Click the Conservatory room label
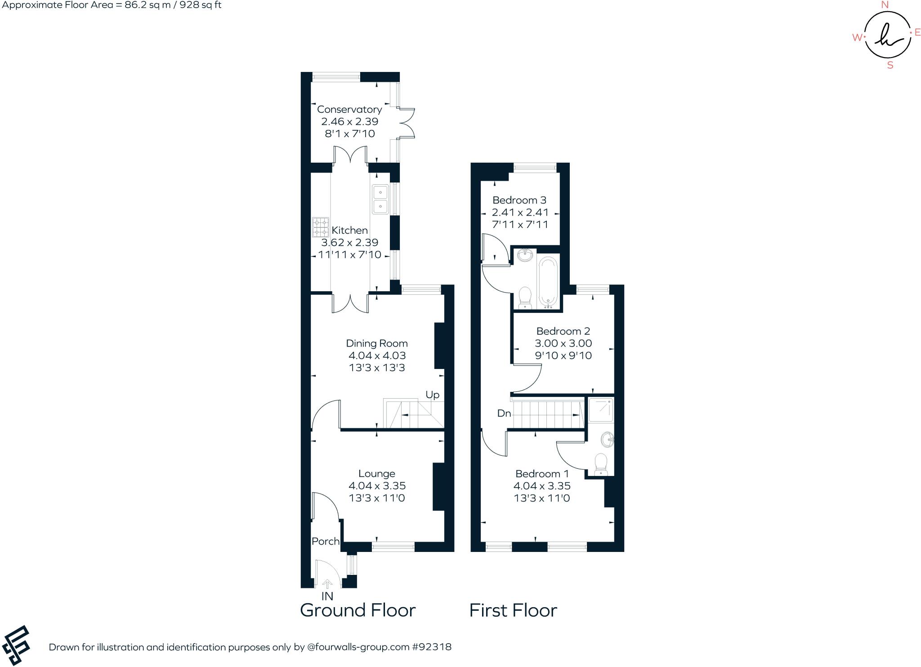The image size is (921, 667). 349,109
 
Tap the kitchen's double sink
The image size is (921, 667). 380,200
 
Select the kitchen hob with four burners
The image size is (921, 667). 321,227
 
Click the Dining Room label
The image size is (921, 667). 377,343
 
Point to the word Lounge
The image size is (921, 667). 377,474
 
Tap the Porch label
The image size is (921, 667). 326,541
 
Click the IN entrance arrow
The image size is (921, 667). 327,584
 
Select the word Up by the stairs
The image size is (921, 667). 433,395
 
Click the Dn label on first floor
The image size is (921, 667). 504,413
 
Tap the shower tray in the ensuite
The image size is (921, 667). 600,409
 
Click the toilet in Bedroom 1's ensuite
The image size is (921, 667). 601,465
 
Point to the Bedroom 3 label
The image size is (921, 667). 519,200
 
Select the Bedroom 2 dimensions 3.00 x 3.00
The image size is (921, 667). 563,343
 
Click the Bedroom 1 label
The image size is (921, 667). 542,474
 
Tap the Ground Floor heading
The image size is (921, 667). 358,610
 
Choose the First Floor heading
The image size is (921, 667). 513,610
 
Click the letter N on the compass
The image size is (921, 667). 885,5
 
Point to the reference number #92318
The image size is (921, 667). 431,647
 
